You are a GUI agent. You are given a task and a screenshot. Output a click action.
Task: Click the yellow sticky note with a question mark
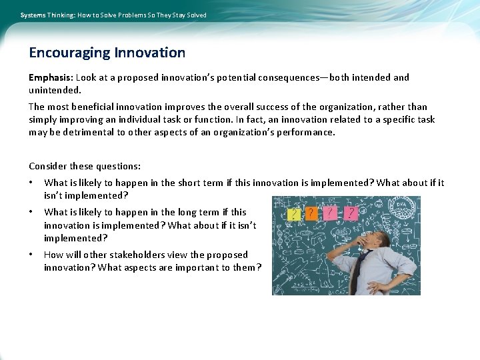click(293, 213)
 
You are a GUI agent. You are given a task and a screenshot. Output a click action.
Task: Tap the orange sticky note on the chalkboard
click(311, 213)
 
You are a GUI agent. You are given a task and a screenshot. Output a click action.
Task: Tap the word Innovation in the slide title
click(150, 53)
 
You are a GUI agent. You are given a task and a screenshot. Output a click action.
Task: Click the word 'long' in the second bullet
click(191, 212)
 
